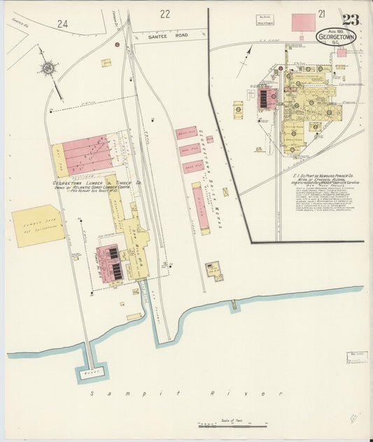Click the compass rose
48,68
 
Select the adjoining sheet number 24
63,23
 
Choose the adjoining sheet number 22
164,13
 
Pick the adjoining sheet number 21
321,13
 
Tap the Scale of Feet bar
232,425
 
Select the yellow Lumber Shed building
37,225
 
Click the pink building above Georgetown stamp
303,22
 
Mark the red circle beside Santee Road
117,45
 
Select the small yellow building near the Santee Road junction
106,63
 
